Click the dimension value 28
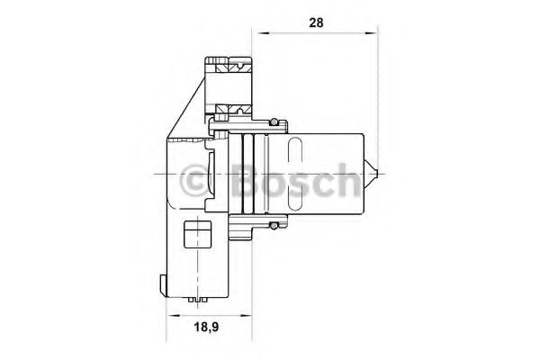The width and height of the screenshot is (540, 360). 316,22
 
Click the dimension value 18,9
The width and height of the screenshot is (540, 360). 207,327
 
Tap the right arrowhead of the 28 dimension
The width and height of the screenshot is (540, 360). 371,33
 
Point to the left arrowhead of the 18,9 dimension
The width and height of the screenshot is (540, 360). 173,315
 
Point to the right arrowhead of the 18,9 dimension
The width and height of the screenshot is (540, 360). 246,315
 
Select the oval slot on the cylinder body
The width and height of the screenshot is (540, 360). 294,174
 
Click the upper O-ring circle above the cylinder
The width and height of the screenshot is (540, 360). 274,122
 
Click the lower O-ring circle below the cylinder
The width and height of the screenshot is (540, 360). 274,226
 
